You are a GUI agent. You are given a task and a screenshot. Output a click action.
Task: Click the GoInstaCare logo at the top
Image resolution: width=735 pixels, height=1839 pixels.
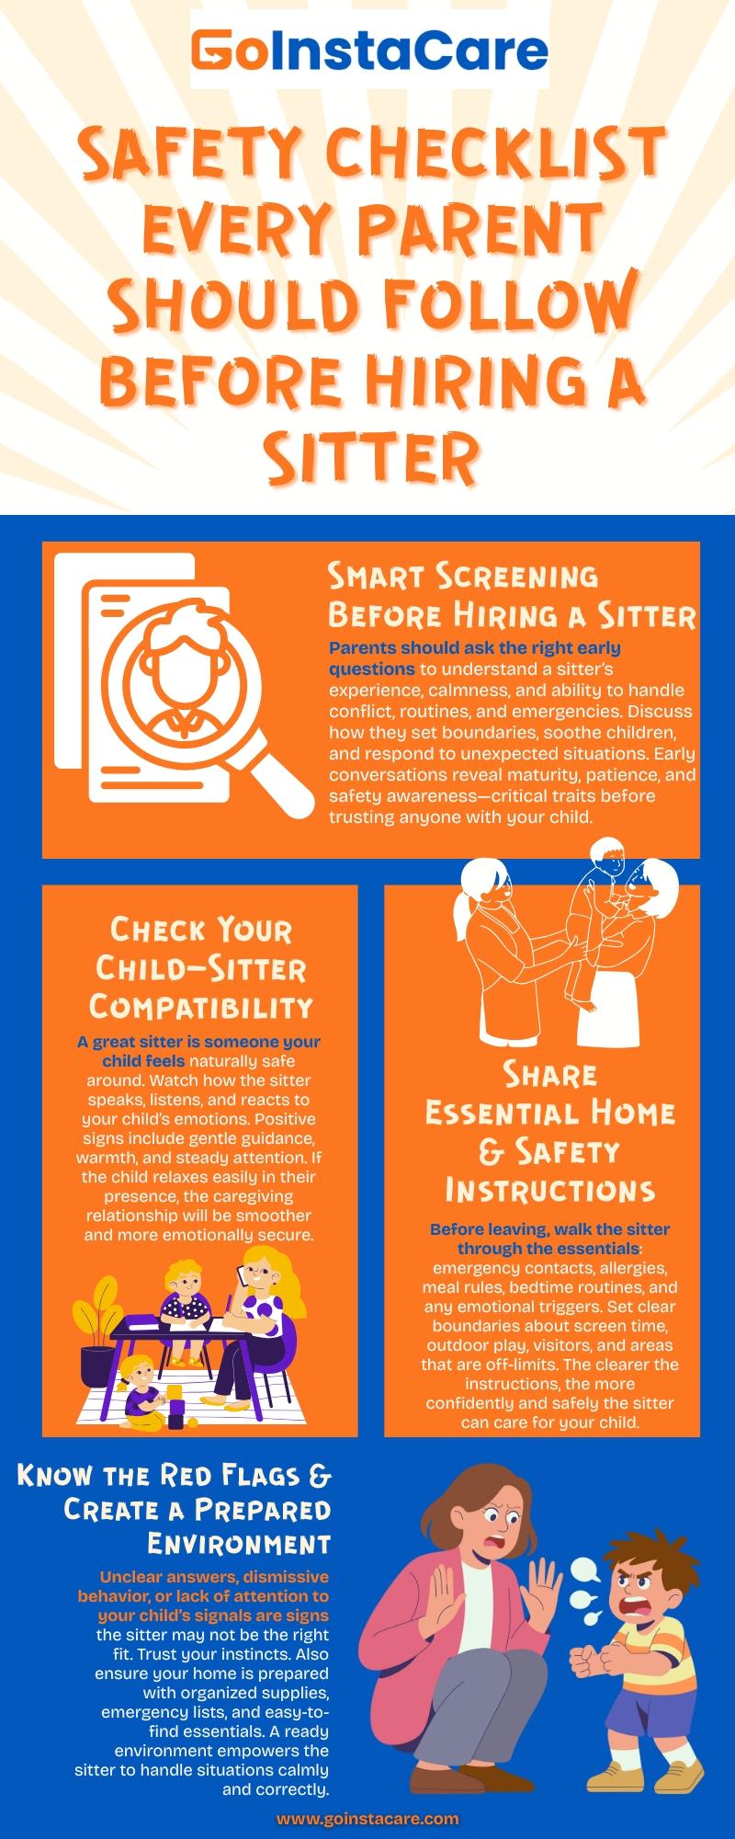point(368,51)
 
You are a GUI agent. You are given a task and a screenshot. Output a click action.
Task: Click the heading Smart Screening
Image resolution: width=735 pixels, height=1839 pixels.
point(463,576)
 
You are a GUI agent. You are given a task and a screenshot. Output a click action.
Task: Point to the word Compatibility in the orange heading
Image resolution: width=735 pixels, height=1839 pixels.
point(201,1006)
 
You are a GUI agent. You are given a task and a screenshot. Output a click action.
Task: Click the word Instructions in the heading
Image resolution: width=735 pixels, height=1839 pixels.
point(550,1190)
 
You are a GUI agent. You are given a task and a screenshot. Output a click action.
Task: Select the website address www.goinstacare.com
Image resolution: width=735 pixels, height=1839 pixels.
point(367,1818)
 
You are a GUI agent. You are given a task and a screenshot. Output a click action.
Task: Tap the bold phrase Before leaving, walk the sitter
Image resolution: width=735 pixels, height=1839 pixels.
point(549,1228)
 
